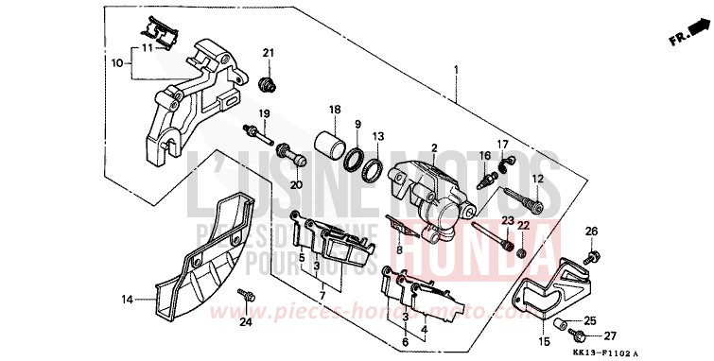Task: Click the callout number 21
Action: point(268,52)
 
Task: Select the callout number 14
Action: point(128,301)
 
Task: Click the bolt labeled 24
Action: point(244,296)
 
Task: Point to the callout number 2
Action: point(434,148)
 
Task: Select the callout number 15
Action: point(543,340)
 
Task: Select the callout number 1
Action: point(456,70)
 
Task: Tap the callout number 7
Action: point(322,296)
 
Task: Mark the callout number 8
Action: point(399,250)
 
